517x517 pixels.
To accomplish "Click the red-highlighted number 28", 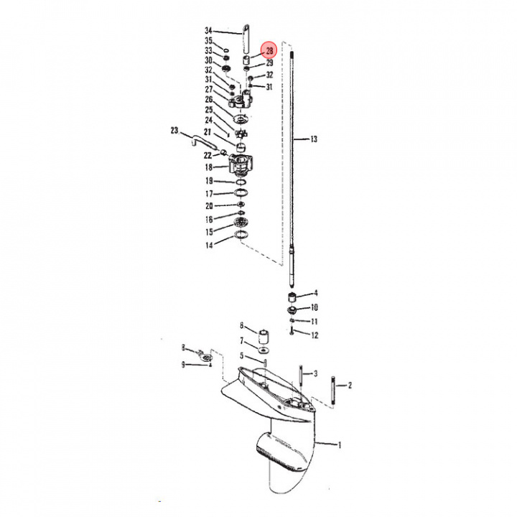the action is tap(269, 51).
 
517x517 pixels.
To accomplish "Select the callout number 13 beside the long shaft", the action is tap(314, 139).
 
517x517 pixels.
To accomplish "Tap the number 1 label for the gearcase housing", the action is tap(340, 445).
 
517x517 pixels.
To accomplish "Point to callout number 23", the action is tap(174, 131).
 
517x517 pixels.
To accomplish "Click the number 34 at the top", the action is tap(208, 31).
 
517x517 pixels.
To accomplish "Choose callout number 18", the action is tap(209, 167).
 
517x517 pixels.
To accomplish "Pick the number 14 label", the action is tap(209, 245).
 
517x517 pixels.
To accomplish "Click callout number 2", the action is tap(350, 385).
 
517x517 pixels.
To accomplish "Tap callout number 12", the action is tap(315, 335).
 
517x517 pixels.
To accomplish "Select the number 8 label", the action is tap(183, 348).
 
